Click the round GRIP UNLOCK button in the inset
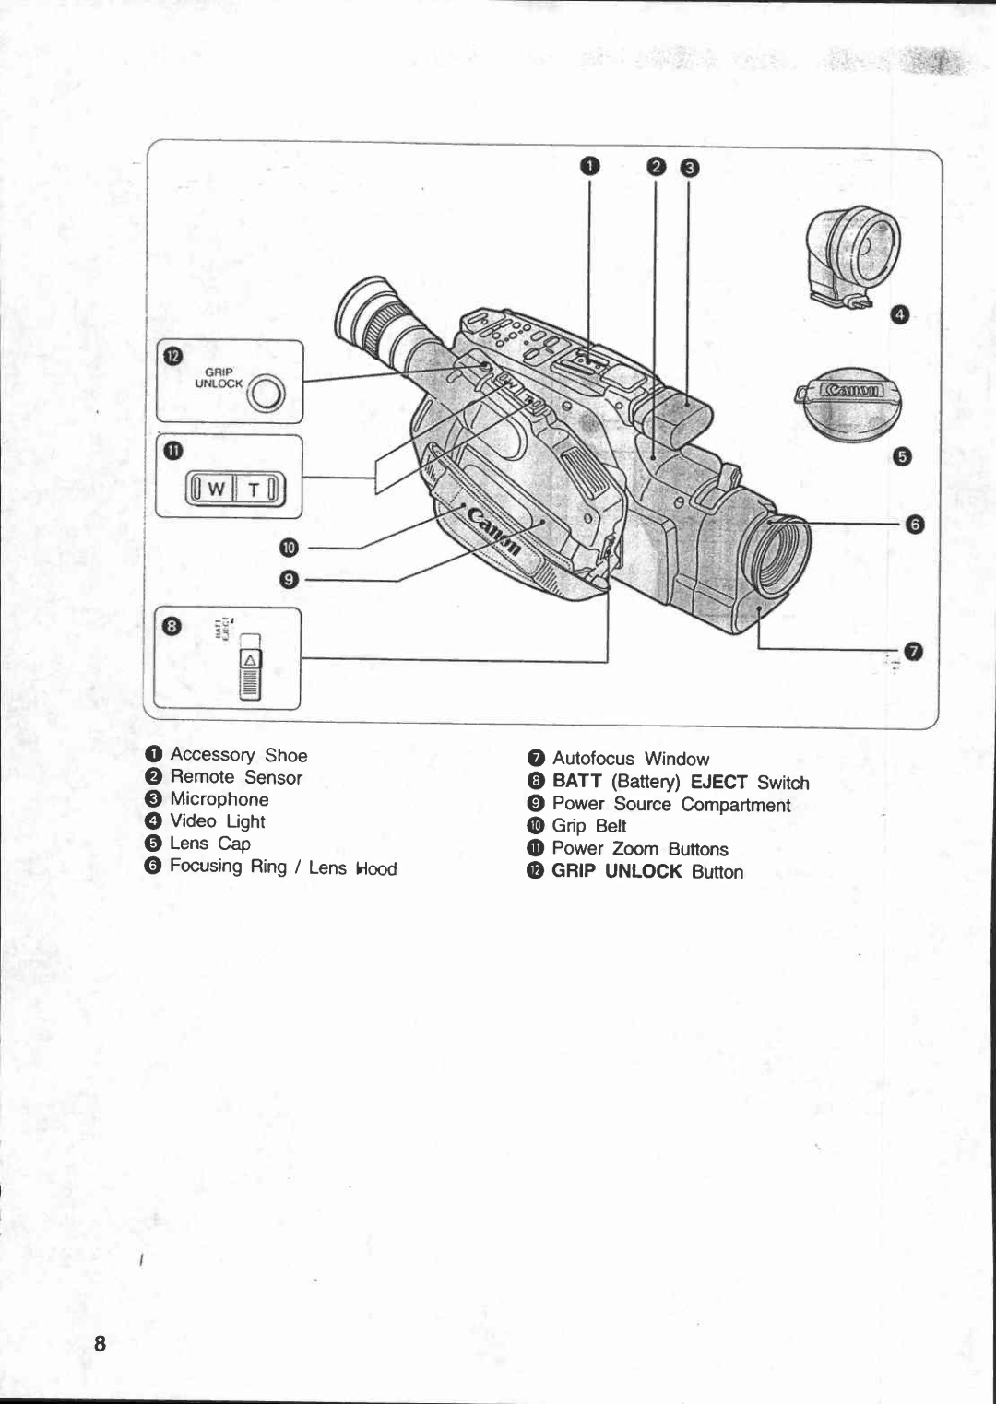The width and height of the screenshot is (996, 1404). coord(267,395)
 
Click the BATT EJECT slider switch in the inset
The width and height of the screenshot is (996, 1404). coord(251,668)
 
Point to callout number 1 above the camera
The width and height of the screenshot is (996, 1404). coord(590,166)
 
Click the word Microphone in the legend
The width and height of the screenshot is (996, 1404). coord(219,799)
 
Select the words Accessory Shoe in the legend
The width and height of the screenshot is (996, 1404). coord(239,755)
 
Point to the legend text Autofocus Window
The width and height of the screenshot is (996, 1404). coord(631,759)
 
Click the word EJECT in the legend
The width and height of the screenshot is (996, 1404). coord(718,782)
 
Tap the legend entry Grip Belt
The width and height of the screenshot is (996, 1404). coord(589,826)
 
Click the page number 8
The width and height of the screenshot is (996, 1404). coord(100,1342)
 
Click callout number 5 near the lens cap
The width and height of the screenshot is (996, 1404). coord(902,456)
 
